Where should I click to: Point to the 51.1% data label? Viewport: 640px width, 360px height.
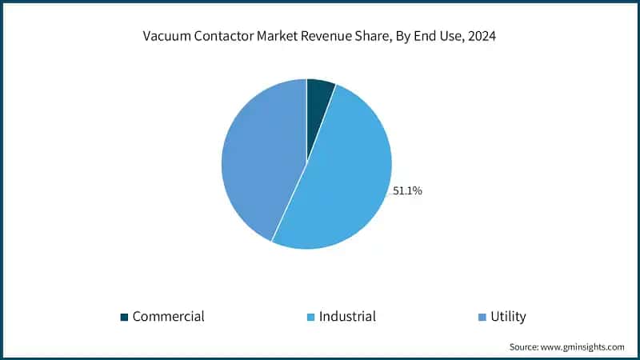(x=407, y=190)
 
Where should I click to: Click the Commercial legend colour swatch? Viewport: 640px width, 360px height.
(x=124, y=317)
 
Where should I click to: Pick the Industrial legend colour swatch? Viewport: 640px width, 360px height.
(x=310, y=317)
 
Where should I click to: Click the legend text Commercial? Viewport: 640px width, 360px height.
(x=168, y=317)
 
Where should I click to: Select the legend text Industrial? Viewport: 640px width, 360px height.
(x=347, y=317)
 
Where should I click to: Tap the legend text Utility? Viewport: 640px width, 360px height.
(x=508, y=317)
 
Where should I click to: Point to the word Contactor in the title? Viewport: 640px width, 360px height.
(x=225, y=37)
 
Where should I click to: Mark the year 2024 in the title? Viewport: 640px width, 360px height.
(x=481, y=37)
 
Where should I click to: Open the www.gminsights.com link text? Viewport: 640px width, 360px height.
(x=584, y=347)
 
